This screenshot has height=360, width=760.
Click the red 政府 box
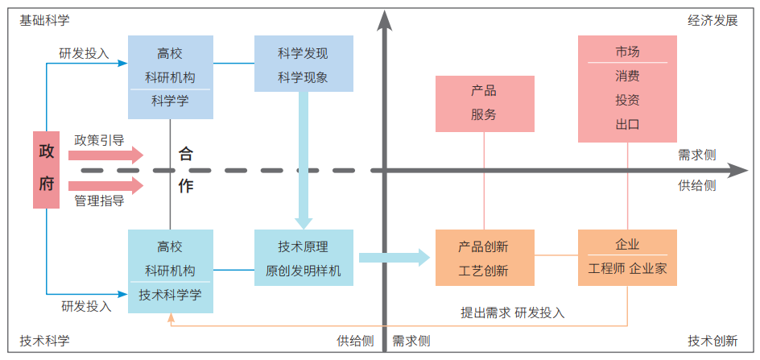coord(47,169)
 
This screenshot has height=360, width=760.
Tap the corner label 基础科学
coord(44,20)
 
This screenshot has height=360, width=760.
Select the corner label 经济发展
coord(712,20)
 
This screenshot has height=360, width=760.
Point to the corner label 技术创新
coord(712,341)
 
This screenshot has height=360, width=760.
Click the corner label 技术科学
coord(44,341)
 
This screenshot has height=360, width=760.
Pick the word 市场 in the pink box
coord(627,52)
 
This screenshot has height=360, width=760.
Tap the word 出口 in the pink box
coord(627,124)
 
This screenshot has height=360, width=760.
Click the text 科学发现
coord(304,54)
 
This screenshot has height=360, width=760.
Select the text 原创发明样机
coord(304,271)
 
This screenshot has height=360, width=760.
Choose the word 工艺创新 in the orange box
coord(484,271)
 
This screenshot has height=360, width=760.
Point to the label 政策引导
coord(99,139)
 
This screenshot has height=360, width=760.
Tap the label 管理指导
coord(99,201)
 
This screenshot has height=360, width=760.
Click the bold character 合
coord(186,155)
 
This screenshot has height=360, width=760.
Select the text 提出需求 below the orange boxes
coord(485,312)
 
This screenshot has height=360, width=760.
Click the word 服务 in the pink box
coord(484,114)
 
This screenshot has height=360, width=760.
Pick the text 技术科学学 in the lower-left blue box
coord(170,295)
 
